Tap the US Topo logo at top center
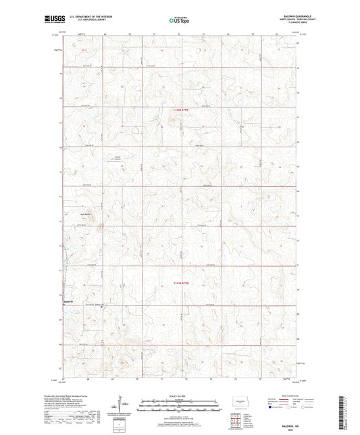click(x=179, y=21)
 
